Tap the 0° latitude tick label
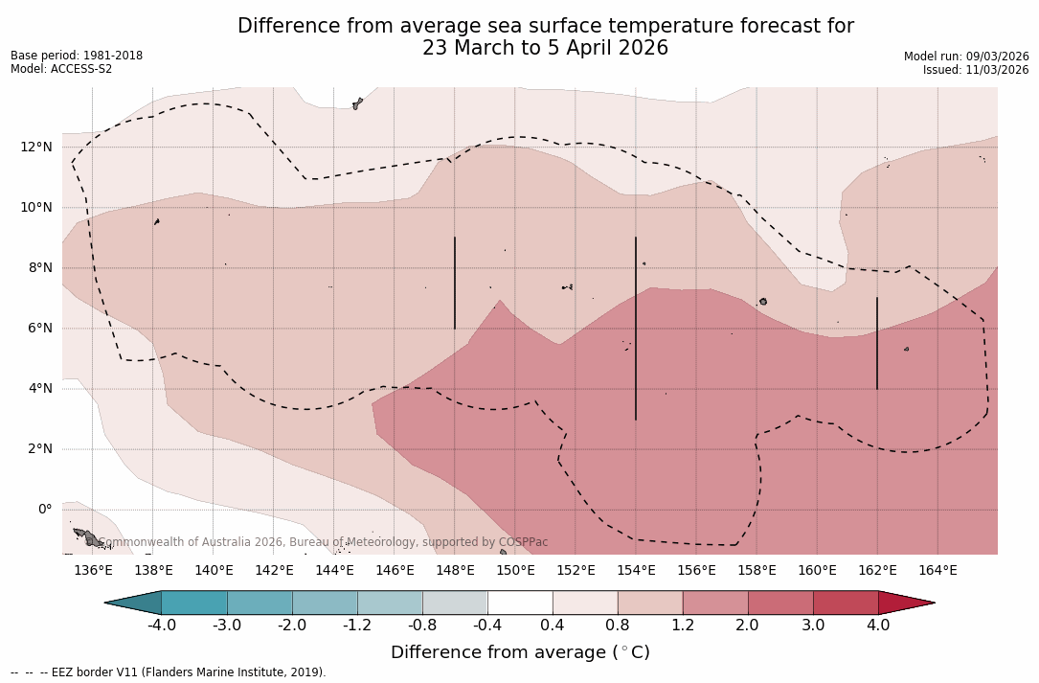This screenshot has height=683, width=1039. click(x=44, y=509)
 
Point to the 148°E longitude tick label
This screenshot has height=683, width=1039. click(x=455, y=571)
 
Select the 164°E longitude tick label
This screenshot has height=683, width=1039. click(x=937, y=571)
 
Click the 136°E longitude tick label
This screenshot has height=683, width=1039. click(x=93, y=571)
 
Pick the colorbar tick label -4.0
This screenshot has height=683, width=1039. click(x=161, y=626)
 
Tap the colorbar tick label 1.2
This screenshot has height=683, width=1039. click(x=683, y=626)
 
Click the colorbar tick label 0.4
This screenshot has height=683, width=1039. click(x=553, y=626)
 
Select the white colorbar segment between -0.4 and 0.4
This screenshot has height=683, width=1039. click(x=520, y=603)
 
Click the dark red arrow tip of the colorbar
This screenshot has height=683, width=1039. click(x=904, y=603)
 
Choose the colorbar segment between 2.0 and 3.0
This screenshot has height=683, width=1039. click(x=780, y=603)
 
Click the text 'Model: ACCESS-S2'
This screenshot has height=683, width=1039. click(x=61, y=69)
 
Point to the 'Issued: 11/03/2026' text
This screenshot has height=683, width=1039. click(x=976, y=70)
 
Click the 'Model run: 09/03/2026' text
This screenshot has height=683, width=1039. click(x=966, y=57)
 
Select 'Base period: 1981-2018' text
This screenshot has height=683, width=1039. click(x=77, y=56)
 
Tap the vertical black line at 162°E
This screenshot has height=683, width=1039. click(x=877, y=343)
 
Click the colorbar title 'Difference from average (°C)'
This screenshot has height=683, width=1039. click(x=520, y=652)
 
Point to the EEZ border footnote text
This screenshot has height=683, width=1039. click(x=169, y=672)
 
